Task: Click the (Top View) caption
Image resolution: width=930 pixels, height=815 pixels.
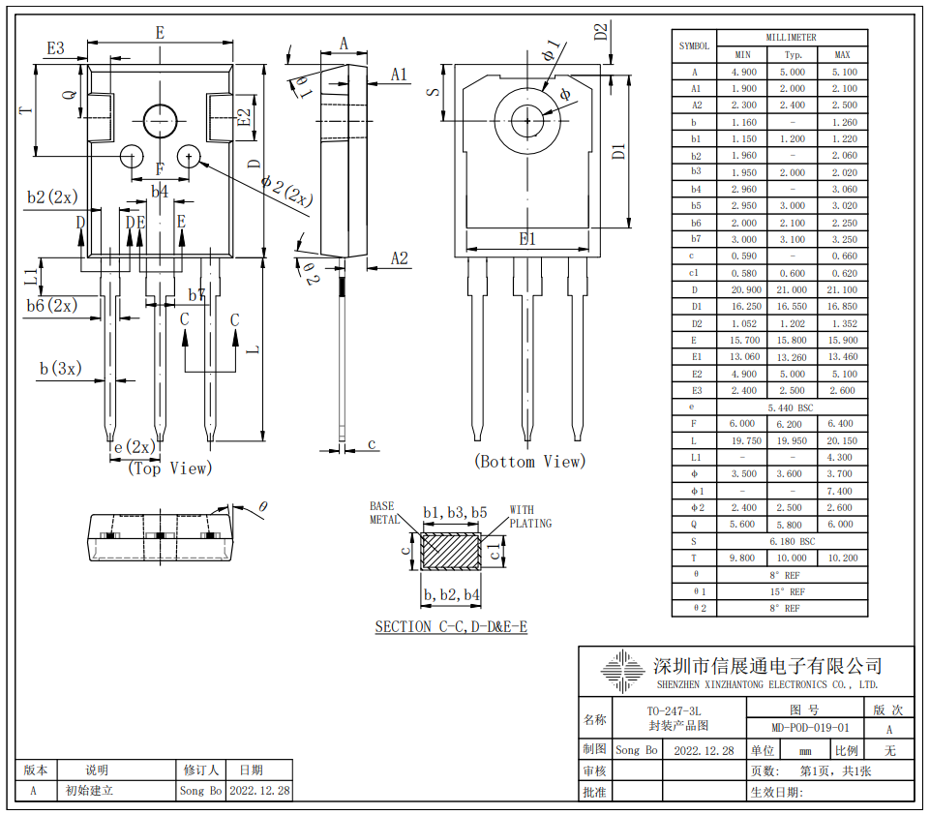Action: pos(169,468)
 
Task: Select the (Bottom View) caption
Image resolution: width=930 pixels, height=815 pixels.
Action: pos(529,462)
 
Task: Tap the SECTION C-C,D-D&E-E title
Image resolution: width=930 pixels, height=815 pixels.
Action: pos(451,627)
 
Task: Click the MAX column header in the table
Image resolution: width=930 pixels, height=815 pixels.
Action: pos(842,54)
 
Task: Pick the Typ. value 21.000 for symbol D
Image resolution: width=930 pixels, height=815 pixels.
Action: pos(793,290)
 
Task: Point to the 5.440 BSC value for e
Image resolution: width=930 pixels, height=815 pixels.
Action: pos(793,407)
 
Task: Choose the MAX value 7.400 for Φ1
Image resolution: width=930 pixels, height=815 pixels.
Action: pos(842,492)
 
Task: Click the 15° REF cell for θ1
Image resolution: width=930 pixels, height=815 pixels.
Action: pos(793,591)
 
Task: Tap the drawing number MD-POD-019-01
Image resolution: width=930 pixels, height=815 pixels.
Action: pos(811,728)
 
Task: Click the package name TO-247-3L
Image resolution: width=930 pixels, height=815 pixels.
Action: pos(675,711)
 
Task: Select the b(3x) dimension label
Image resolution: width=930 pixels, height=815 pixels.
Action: pos(61,369)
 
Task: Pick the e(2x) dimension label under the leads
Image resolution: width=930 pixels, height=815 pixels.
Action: pos(135,447)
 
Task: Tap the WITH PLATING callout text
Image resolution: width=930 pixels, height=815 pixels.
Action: pos(529,517)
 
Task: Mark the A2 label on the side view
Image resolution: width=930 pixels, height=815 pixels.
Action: pos(400,258)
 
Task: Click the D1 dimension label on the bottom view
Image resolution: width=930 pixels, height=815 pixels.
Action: pos(618,151)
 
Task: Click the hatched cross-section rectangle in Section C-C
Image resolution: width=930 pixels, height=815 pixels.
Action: pos(451,552)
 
